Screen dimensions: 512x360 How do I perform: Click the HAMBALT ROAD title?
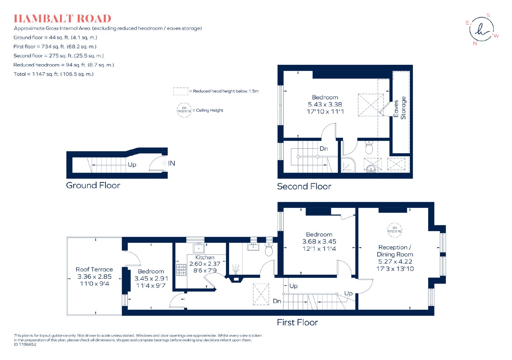(62, 19)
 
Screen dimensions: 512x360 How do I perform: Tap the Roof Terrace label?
(94, 269)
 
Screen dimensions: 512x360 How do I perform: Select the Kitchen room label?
(205, 257)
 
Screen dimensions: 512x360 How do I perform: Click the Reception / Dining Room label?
(395, 251)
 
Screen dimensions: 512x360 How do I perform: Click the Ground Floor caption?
(93, 185)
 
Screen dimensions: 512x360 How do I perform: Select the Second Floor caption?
(304, 186)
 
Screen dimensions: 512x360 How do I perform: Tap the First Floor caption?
(297, 322)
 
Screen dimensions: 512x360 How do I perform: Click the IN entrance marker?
(172, 163)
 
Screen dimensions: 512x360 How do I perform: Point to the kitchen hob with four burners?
(181, 270)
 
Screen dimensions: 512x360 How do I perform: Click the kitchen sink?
(199, 248)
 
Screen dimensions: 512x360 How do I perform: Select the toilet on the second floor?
(369, 147)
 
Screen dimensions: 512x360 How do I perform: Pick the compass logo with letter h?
(481, 29)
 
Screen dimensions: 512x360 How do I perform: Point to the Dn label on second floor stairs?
(324, 149)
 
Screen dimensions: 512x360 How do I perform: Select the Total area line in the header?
(54, 74)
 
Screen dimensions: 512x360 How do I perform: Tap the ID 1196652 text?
(25, 344)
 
